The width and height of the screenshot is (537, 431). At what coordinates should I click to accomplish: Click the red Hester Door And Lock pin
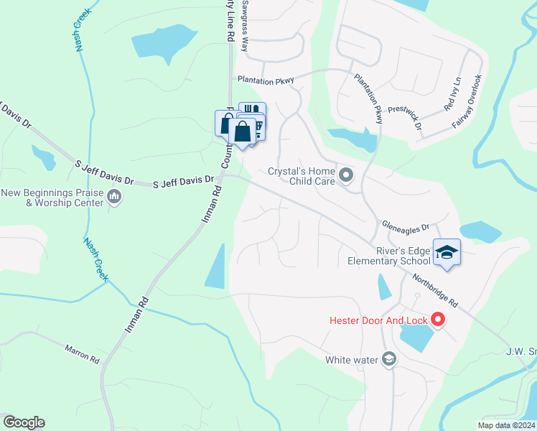tap(437, 320)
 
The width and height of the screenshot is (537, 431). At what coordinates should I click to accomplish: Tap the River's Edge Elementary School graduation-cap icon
tap(447, 252)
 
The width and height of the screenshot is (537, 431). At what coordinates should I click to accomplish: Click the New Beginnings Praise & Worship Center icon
tap(114, 196)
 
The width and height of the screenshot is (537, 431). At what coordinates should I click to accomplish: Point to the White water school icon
tap(389, 359)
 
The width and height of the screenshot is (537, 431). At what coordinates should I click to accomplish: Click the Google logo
tap(24, 422)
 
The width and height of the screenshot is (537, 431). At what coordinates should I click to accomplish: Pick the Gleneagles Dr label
tap(405, 226)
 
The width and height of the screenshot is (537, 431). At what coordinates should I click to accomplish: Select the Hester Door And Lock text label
tap(378, 320)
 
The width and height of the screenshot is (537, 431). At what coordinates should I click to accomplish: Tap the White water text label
tap(352, 360)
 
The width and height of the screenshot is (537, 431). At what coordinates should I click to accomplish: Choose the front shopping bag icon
tap(243, 132)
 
